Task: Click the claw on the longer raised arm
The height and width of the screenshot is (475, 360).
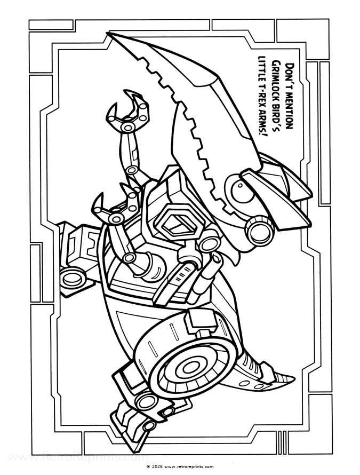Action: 127,115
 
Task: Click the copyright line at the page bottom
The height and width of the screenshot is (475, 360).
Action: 179,466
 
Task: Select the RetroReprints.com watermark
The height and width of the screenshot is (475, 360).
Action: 75,457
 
